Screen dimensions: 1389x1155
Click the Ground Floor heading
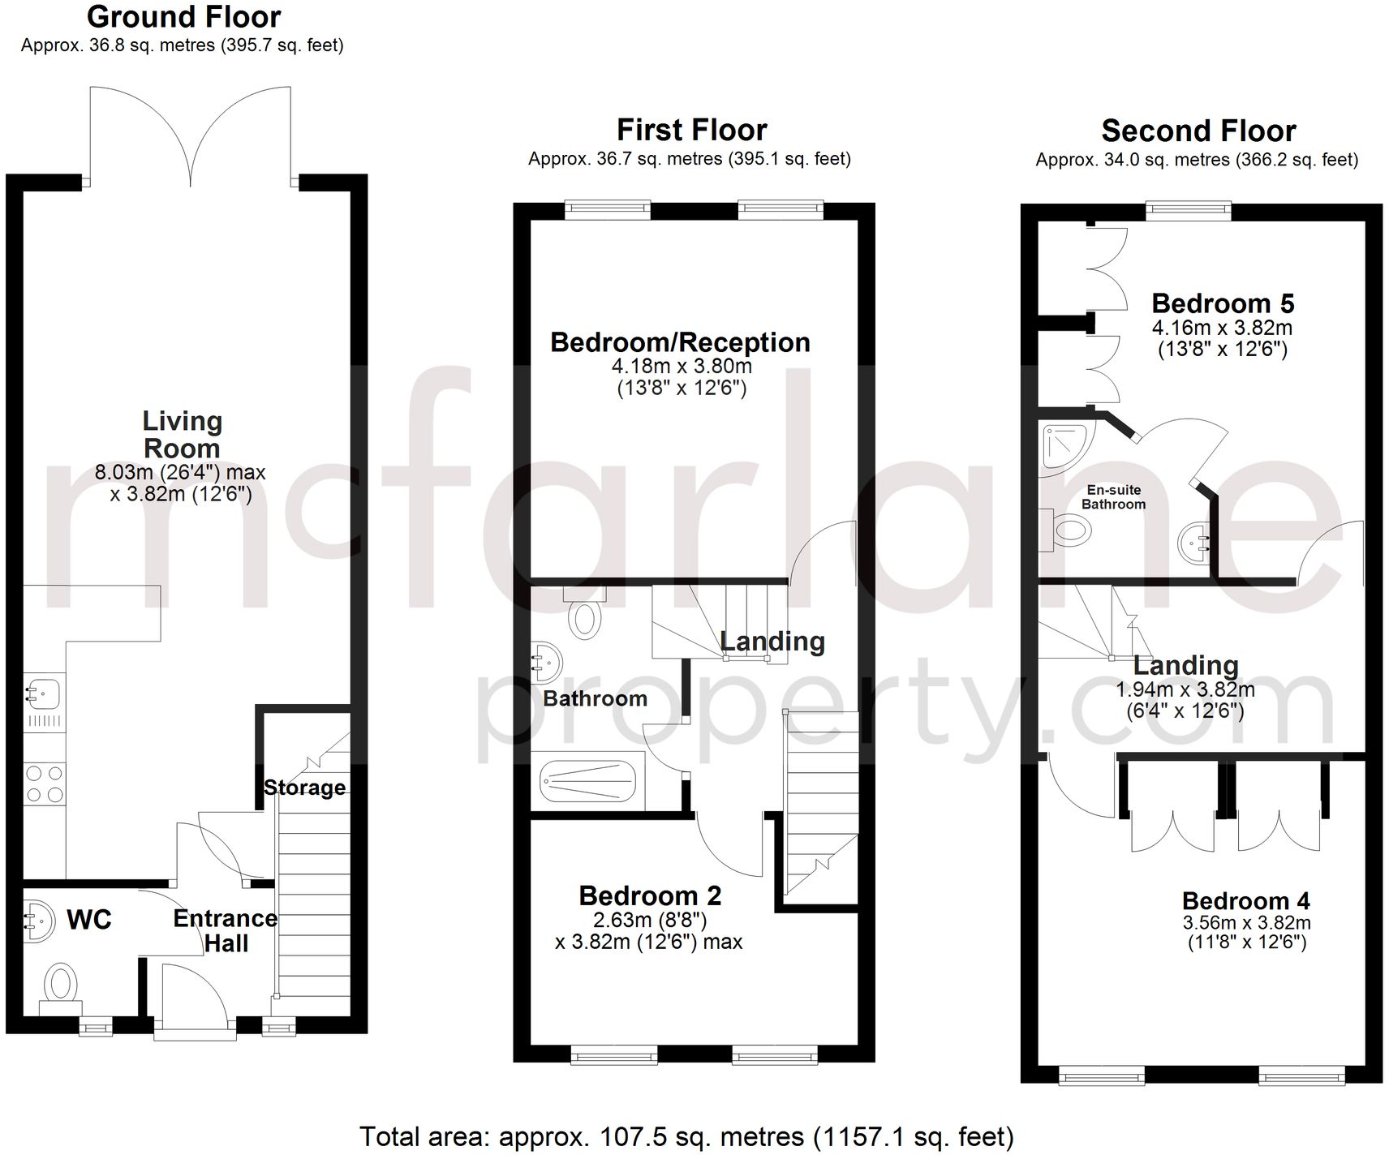point(184,16)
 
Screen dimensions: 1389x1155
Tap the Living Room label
point(182,435)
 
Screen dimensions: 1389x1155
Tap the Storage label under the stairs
point(305,788)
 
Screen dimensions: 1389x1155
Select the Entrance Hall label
point(226,930)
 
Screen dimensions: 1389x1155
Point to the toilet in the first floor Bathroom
point(584,615)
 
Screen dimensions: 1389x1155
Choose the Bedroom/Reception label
point(680,342)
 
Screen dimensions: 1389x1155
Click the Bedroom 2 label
point(650,896)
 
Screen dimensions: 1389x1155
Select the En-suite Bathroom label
point(1114,497)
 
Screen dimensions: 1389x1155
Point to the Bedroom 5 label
point(1223,303)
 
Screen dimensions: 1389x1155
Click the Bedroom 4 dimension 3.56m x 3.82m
point(1247,923)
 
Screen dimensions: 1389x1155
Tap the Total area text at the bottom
point(686,1137)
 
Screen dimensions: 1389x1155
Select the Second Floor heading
point(1198,131)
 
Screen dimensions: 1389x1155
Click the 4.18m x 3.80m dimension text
point(682,367)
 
